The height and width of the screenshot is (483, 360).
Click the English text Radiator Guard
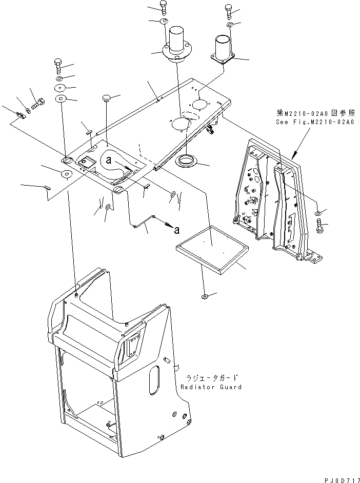(x=211, y=387)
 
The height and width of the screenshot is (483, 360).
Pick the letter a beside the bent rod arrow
(x=176, y=228)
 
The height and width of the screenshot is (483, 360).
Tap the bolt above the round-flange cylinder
(x=164, y=8)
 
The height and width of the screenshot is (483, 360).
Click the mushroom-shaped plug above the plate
(x=106, y=97)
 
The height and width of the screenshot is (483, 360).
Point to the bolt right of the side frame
(x=320, y=226)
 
